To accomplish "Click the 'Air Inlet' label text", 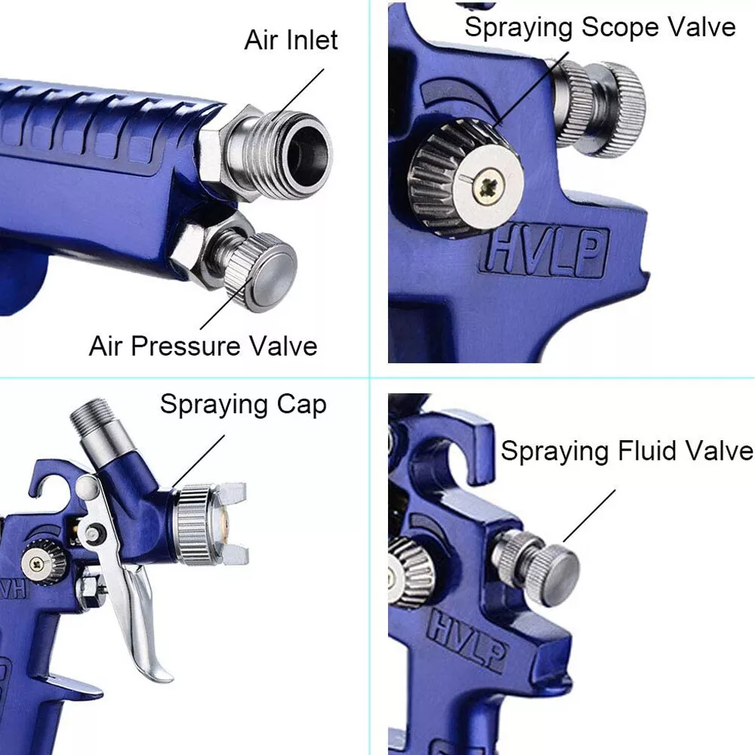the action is pyautogui.click(x=291, y=39).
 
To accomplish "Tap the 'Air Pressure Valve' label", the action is pyautogui.click(x=202, y=346).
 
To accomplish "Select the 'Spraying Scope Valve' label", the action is pyautogui.click(x=599, y=27).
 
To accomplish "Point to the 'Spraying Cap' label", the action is pyautogui.click(x=242, y=405).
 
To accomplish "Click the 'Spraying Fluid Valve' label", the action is pyautogui.click(x=627, y=451).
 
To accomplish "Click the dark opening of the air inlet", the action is pyautogui.click(x=308, y=155).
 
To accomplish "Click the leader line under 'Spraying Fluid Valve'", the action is pyautogui.click(x=589, y=516).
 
